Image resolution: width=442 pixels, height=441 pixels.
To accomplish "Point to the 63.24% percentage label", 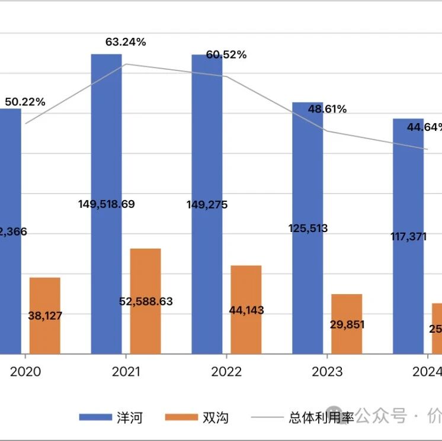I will point(126,42).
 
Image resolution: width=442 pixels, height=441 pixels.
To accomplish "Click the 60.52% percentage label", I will point(226,55).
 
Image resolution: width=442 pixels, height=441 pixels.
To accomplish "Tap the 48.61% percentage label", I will point(327,109).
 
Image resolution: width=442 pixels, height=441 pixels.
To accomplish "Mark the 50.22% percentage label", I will point(25,102).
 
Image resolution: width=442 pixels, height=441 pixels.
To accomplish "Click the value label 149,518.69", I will point(107,204).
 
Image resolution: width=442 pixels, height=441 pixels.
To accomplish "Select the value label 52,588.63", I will point(146,301).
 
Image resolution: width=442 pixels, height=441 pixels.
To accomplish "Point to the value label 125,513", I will point(308,228).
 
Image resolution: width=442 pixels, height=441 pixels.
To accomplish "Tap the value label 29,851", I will point(347,324).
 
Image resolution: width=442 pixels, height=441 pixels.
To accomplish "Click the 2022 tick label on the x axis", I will point(226,372).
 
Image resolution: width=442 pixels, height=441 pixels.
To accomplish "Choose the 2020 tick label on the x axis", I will point(25,372).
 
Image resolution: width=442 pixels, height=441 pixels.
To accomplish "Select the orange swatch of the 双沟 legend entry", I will point(181,418).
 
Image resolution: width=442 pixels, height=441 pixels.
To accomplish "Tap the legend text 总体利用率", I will point(321,418).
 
